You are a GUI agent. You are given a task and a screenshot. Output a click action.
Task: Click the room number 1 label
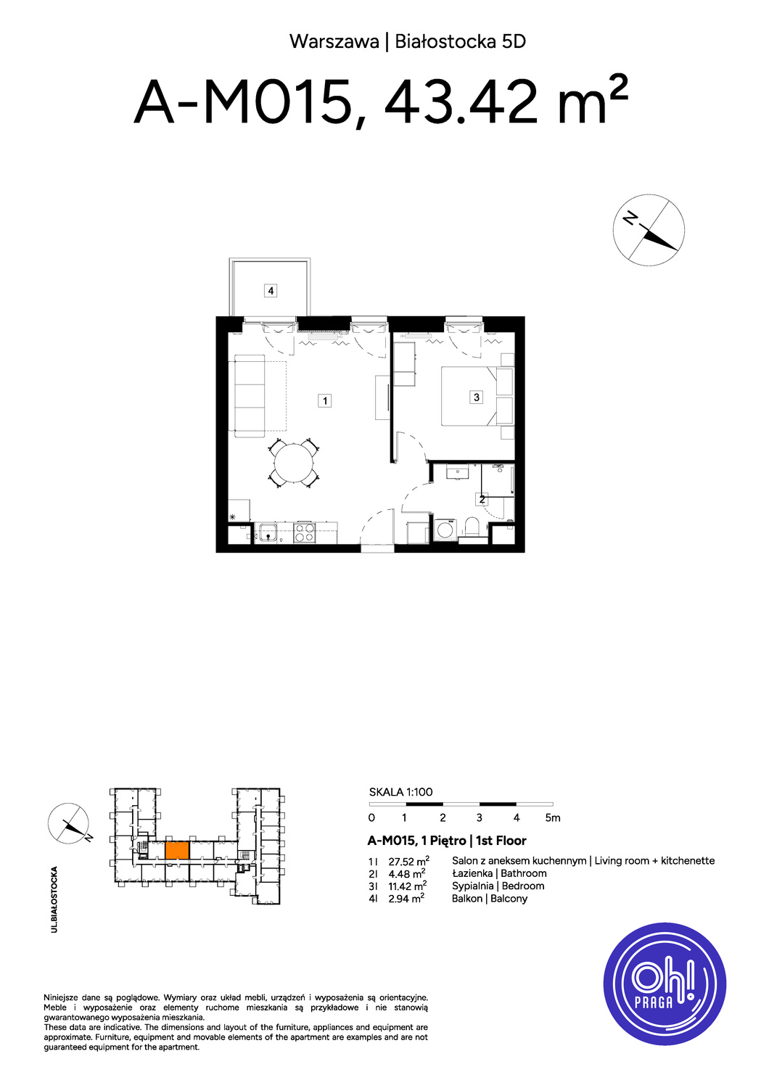pos(324,400)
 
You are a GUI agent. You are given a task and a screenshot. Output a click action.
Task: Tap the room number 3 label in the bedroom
pos(476,397)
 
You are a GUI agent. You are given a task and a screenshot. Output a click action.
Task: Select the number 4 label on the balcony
pos(271,291)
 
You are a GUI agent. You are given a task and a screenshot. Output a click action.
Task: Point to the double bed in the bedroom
pos(477,397)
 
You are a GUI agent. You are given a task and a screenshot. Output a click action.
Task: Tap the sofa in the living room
pos(250,396)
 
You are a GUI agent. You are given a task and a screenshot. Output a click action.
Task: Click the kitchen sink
pos(268,533)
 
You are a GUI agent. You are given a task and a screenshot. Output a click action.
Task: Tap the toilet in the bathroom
pos(472,527)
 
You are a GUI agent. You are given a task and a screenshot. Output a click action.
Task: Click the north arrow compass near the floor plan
pos(649,230)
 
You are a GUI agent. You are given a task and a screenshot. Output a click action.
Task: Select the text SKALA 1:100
pos(400,792)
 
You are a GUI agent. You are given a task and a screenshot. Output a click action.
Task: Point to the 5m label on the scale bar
pos(553,818)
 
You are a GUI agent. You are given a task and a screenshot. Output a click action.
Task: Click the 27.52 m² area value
pos(408,861)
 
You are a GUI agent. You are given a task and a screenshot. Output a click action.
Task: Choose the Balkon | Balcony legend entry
pos(489,899)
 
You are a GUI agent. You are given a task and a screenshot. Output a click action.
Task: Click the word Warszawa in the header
pos(334,42)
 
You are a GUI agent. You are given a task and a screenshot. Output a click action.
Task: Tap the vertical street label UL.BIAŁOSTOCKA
pos(54,899)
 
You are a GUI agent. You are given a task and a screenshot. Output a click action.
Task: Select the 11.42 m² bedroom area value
pos(408,886)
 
